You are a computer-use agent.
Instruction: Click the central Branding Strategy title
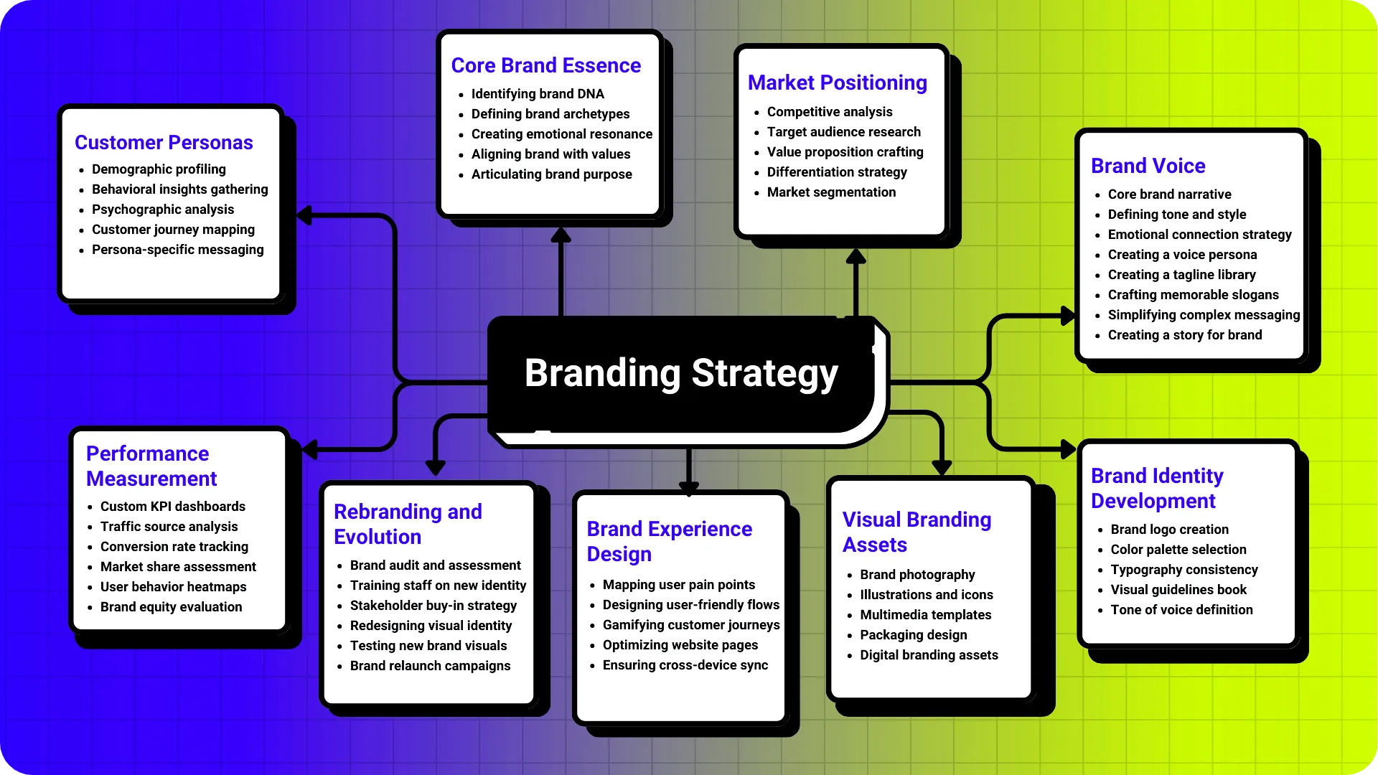pyautogui.click(x=681, y=373)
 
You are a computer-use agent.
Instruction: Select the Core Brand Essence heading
pyautogui.click(x=545, y=65)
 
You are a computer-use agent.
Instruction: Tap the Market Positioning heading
pyautogui.click(x=837, y=83)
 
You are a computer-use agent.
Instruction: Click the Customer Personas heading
pyautogui.click(x=164, y=143)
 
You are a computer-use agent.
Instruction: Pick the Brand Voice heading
pyautogui.click(x=1148, y=166)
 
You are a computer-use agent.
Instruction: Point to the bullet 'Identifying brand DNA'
pyautogui.click(x=538, y=94)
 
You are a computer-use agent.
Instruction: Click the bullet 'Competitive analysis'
pyautogui.click(x=830, y=112)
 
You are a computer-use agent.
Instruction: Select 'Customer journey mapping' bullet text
pyautogui.click(x=173, y=230)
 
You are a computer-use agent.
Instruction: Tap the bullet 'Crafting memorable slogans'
pyautogui.click(x=1193, y=295)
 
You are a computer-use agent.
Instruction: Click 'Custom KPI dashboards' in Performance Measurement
pyautogui.click(x=172, y=507)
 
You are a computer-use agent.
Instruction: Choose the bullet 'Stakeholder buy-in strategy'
pyautogui.click(x=433, y=606)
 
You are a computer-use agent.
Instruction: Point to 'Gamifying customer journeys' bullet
pyautogui.click(x=690, y=625)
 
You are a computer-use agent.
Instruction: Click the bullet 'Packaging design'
pyautogui.click(x=913, y=635)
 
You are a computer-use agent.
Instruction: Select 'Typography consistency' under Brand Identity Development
pyautogui.click(x=1184, y=570)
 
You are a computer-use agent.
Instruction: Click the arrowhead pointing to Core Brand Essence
pyautogui.click(x=561, y=235)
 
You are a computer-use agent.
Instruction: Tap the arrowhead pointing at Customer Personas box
pyautogui.click(x=305, y=215)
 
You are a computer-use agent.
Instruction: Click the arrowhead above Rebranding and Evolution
pyautogui.click(x=435, y=467)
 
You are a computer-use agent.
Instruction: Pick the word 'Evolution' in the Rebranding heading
pyautogui.click(x=378, y=537)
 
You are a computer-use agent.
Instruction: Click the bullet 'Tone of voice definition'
pyautogui.click(x=1181, y=610)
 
